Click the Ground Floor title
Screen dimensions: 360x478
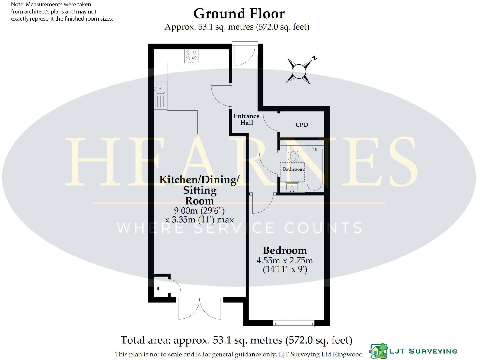[x=239, y=14]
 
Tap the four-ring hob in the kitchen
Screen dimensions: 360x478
[x=191, y=56]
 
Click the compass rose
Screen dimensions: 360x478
[x=299, y=71]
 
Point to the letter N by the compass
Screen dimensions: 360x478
[x=315, y=58]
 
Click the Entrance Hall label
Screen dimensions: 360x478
[x=246, y=119]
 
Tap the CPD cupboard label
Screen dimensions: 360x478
[x=301, y=125]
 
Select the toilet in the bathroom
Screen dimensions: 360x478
[x=293, y=155]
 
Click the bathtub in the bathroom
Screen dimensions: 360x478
[x=314, y=168]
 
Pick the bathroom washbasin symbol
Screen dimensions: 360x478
[x=292, y=187]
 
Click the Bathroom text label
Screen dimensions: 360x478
[x=293, y=169]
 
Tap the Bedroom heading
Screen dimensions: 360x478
[x=285, y=250]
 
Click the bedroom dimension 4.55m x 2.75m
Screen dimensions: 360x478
[x=285, y=260]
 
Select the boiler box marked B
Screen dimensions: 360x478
[x=158, y=288]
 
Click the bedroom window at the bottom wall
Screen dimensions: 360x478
[x=294, y=323]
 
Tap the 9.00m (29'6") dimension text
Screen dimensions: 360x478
[x=199, y=210]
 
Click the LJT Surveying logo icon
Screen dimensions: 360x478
[x=379, y=351]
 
